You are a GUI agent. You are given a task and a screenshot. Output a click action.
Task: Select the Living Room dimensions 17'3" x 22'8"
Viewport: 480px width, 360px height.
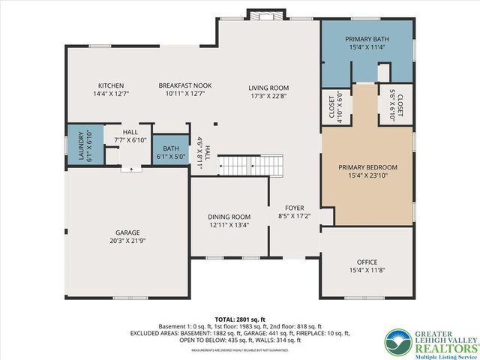[268, 96]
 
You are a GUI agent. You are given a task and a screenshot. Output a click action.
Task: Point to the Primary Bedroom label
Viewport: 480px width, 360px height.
[367, 167]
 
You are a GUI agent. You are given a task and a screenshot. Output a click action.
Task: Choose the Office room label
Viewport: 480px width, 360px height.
[367, 262]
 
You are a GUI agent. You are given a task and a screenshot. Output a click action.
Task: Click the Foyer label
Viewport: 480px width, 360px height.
[293, 208]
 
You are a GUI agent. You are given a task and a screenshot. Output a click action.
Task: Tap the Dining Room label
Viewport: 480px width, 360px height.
[229, 217]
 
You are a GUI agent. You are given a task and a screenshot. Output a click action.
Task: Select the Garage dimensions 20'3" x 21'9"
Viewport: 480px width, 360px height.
[126, 241]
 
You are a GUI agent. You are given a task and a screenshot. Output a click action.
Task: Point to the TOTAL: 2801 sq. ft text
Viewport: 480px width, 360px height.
[239, 317]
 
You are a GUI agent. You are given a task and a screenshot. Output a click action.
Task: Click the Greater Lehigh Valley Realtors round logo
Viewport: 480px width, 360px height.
[398, 342]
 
